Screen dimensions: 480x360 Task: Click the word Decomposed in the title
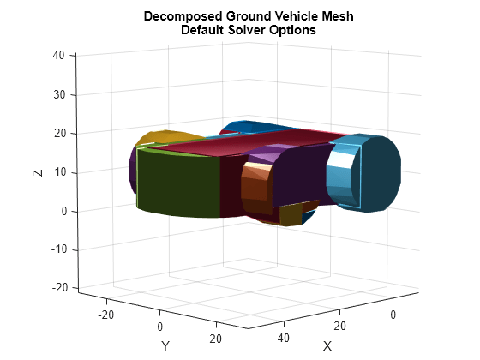pos(183,16)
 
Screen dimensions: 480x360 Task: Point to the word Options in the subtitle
pos(292,30)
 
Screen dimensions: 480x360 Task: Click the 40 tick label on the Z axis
pos(58,56)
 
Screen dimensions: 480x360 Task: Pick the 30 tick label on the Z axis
pos(59,95)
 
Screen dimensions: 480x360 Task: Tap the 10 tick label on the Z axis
pos(60,172)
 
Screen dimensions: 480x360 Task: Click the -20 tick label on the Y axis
pos(106,315)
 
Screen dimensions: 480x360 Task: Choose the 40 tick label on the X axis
pos(284,338)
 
